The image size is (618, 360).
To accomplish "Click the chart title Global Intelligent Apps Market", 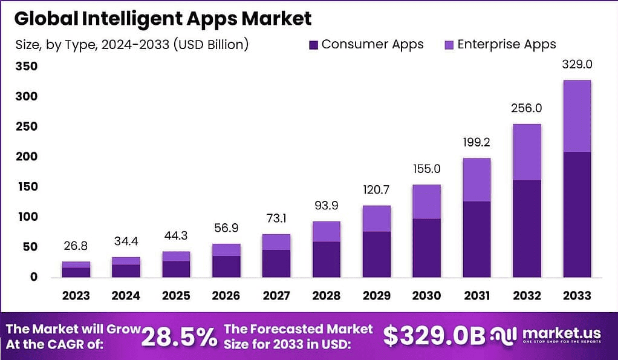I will pyautogui.click(x=163, y=19).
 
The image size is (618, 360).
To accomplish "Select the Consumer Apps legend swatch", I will pyautogui.click(x=313, y=45).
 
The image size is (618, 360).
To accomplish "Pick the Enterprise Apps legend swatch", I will pyautogui.click(x=449, y=45).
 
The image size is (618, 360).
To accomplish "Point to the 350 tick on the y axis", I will pyautogui.click(x=26, y=66).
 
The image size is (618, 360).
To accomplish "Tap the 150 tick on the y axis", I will pyautogui.click(x=26, y=186).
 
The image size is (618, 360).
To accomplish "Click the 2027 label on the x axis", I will pyautogui.click(x=276, y=295).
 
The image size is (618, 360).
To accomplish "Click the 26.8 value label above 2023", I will pyautogui.click(x=76, y=247).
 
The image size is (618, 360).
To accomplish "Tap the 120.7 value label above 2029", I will pyautogui.click(x=376, y=190).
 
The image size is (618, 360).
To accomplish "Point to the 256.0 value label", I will pyautogui.click(x=527, y=108).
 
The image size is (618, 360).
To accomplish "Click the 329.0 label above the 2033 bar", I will pyautogui.click(x=576, y=64).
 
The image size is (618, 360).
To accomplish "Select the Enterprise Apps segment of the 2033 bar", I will pyautogui.click(x=576, y=116).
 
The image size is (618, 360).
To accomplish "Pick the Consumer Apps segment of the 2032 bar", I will pyautogui.click(x=527, y=228).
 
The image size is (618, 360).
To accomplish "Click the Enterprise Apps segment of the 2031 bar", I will pyautogui.click(x=477, y=180).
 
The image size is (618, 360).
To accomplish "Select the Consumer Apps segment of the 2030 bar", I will pyautogui.click(x=426, y=247).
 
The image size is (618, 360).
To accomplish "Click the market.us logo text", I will pyautogui.click(x=561, y=333).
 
